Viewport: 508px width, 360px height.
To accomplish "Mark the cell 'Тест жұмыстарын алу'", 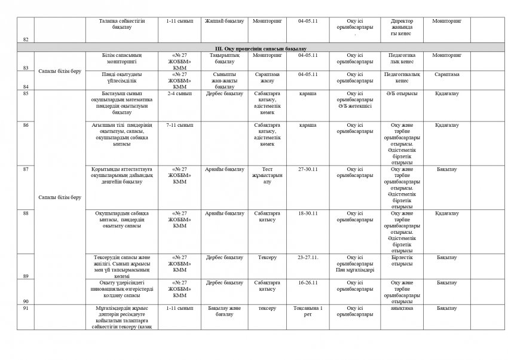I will coord(267,176).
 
